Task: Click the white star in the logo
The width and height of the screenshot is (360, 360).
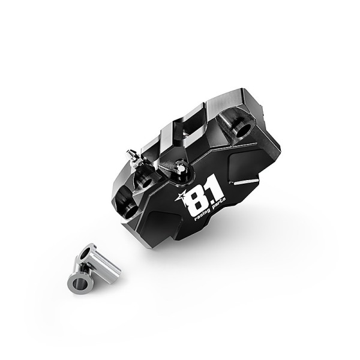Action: click(x=179, y=196)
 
